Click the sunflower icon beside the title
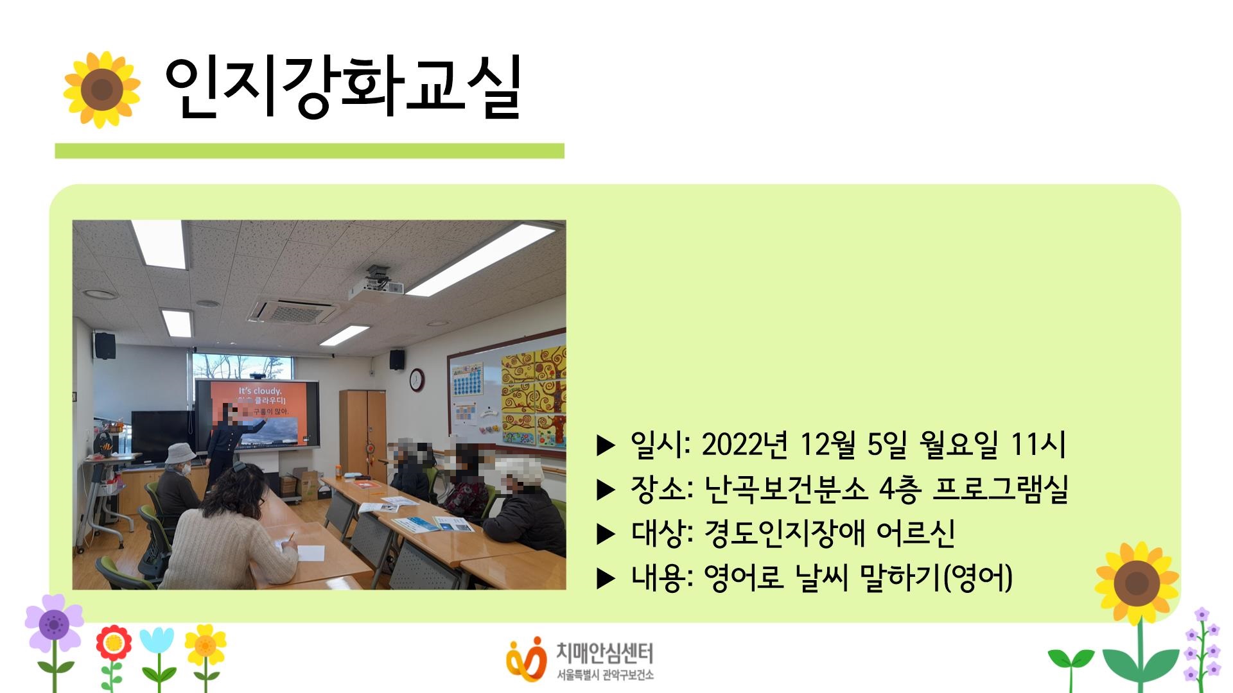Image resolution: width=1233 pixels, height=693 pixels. click(101, 89)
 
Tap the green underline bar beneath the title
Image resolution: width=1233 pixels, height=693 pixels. click(309, 151)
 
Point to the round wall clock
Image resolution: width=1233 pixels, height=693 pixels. click(417, 379)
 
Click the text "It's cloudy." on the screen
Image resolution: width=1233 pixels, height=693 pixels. click(260, 391)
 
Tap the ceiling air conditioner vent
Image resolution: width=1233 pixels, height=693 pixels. click(292, 311)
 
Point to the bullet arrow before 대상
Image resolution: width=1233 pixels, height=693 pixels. click(606, 534)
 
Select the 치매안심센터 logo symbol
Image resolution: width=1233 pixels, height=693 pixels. click(526, 658)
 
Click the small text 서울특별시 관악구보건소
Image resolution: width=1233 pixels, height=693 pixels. click(605, 676)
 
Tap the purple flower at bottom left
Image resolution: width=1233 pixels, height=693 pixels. click(54, 622)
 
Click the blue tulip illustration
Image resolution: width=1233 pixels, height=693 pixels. click(156, 640)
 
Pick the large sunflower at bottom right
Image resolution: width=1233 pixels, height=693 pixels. click(1137, 583)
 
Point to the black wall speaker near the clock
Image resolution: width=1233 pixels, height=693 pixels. click(397, 359)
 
